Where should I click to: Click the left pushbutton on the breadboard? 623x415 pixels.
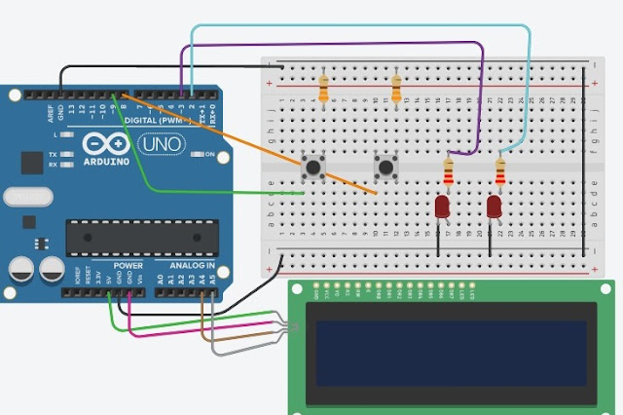click(312, 168)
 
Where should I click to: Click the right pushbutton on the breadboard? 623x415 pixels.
click(385, 168)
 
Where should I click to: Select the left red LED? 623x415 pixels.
click(442, 207)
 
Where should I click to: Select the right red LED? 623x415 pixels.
click(495, 207)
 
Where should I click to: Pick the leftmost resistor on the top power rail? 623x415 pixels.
click(323, 90)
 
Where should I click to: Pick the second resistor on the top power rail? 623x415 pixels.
click(395, 90)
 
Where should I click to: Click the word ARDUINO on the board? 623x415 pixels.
click(109, 160)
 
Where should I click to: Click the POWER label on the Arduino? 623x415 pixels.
click(128, 265)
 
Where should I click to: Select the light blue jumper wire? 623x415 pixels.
click(360, 26)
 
